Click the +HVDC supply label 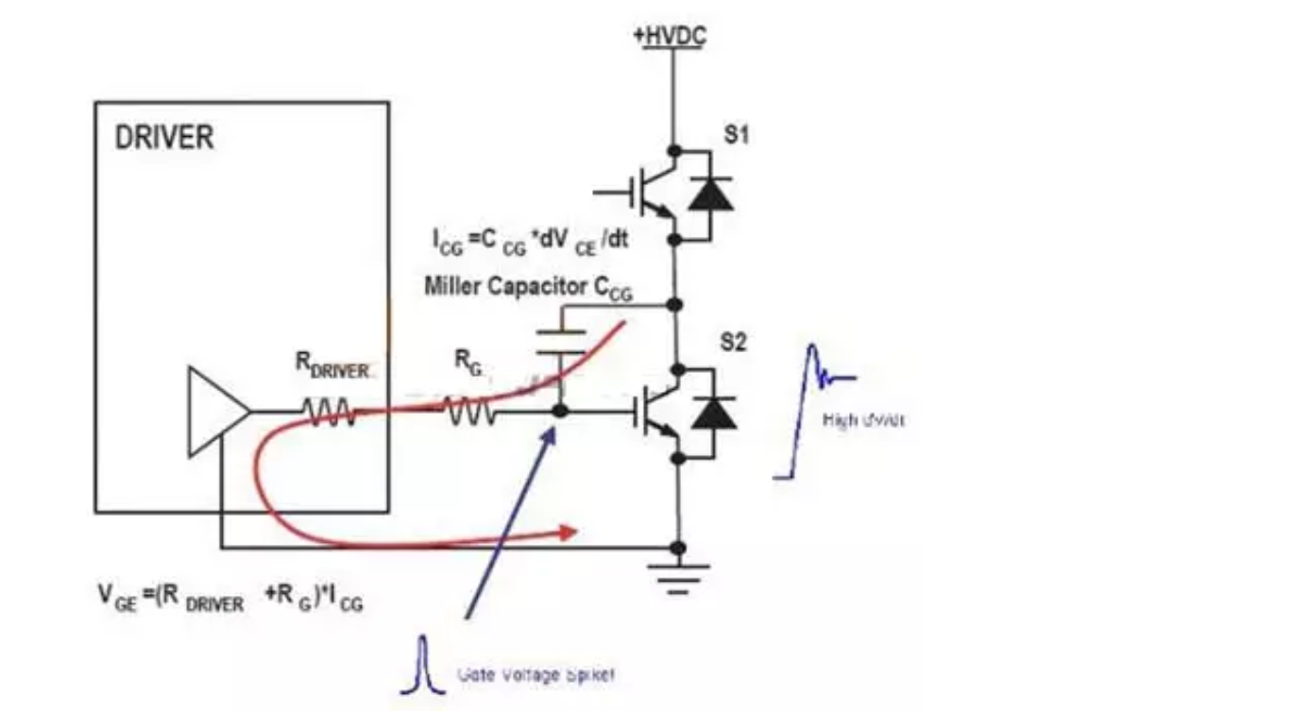tap(671, 37)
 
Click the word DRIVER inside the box tap(164, 138)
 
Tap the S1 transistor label tap(736, 135)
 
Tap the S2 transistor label tap(734, 343)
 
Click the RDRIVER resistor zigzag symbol tap(328, 413)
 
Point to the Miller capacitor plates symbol tap(561, 341)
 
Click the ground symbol tap(677, 575)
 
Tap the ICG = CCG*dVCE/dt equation tap(525, 243)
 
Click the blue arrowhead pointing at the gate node tap(549, 435)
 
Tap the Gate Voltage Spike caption tap(535, 674)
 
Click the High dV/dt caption tap(863, 420)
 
